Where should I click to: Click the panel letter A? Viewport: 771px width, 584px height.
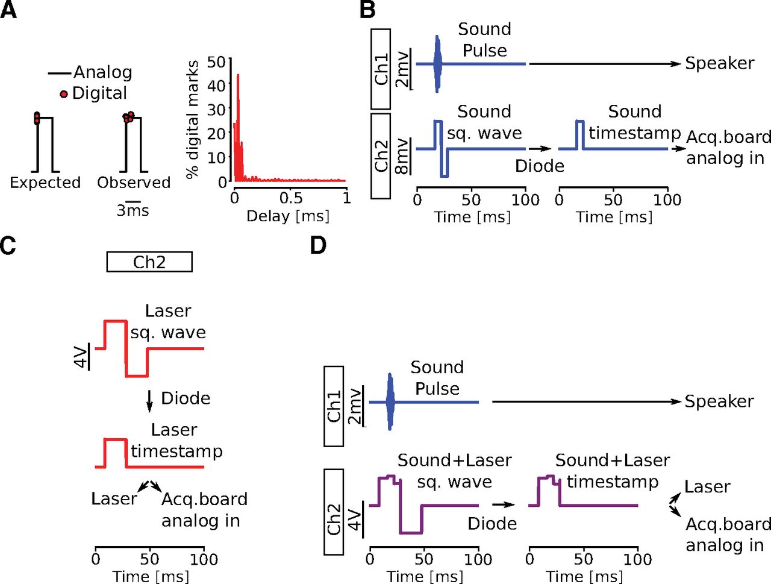[x=8, y=10]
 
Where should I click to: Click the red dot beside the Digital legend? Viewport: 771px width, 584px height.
[x=64, y=94]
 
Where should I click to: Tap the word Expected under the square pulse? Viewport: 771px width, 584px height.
[x=45, y=183]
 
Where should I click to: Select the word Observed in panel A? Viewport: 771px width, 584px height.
[x=134, y=183]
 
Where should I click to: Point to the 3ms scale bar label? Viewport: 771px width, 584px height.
[x=133, y=210]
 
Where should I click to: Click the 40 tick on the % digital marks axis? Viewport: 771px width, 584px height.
[x=216, y=85]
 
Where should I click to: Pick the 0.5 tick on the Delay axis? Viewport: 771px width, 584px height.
[x=291, y=198]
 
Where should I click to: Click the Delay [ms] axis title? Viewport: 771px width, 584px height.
[x=288, y=216]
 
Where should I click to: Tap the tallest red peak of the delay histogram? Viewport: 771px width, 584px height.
[x=238, y=75]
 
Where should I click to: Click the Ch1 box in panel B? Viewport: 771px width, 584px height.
[x=381, y=69]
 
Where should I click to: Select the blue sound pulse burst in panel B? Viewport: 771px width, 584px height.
[x=437, y=64]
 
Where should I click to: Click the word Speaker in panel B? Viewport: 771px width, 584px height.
[x=720, y=63]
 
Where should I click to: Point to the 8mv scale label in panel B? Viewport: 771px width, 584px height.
[x=402, y=157]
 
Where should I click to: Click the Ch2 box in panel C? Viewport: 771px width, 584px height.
[x=149, y=262]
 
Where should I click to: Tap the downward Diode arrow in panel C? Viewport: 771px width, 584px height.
[x=149, y=401]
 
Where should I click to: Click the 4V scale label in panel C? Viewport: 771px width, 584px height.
[x=81, y=357]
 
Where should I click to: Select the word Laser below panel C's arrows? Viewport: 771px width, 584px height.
[x=114, y=498]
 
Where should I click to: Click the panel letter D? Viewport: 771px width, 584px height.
[x=318, y=245]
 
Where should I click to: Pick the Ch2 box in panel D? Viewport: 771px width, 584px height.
[x=334, y=512]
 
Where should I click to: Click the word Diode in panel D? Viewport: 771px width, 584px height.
[x=492, y=524]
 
